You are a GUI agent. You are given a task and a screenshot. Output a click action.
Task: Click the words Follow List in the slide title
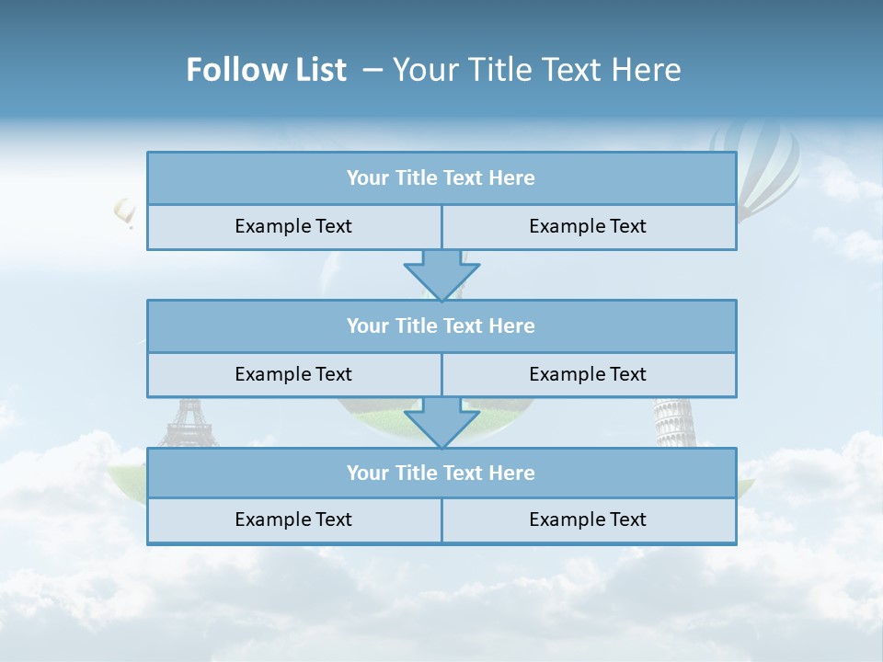coord(266,70)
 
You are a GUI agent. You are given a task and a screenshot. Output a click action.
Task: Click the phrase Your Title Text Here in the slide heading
coord(537,70)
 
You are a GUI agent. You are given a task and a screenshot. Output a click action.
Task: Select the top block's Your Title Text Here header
coord(441,178)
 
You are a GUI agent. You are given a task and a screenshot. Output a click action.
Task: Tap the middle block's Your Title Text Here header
coord(441,325)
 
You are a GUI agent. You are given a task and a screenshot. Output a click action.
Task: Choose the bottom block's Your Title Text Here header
coord(441,473)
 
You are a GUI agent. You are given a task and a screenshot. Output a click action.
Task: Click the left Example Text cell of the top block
coord(293,226)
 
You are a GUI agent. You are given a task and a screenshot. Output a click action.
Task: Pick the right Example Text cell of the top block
coord(588,226)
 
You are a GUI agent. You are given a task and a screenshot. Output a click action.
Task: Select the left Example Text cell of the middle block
coord(293,374)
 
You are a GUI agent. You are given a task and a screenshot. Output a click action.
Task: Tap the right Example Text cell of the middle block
coord(588,374)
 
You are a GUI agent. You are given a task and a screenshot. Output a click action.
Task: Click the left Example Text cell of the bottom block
coord(293,519)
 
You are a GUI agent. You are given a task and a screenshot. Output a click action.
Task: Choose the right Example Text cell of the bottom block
coord(588,519)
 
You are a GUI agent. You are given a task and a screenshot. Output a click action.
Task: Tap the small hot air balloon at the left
coord(124,212)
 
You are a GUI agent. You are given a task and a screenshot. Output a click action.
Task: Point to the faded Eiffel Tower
coord(188,422)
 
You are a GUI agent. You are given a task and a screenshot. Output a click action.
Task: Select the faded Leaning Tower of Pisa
coord(674,422)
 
